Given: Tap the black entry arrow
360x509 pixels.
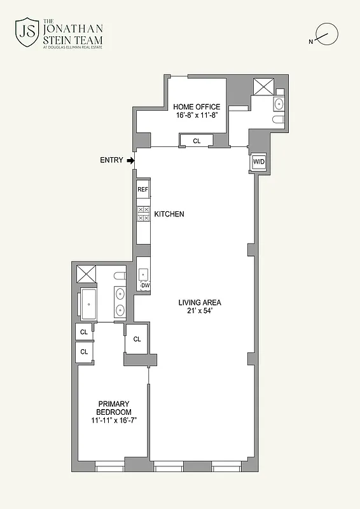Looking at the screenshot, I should coord(130,161).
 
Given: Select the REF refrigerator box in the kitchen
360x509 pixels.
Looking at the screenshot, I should coord(142,189).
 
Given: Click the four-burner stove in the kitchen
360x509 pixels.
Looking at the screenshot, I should coord(143,213).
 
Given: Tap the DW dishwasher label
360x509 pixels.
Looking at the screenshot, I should coord(145,286).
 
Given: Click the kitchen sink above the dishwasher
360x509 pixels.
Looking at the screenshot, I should coord(143,274).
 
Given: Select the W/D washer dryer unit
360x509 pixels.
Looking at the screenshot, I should coord(259,162).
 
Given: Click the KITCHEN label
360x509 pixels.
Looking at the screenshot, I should coord(169,214).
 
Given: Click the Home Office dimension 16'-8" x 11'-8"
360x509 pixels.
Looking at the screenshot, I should coord(198,116).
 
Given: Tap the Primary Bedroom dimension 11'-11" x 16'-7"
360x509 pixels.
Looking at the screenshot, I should coord(113,421).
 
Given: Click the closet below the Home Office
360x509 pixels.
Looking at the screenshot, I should coord(197,141).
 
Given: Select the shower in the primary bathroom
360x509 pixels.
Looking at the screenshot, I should coord(85,275).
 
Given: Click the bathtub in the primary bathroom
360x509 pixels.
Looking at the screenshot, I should coord(88,304).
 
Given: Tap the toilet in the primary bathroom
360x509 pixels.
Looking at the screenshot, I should coord(119,276).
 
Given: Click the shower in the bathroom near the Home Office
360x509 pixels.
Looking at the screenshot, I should coord(261,87).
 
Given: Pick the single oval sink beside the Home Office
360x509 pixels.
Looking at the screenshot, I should coord(279,104).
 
